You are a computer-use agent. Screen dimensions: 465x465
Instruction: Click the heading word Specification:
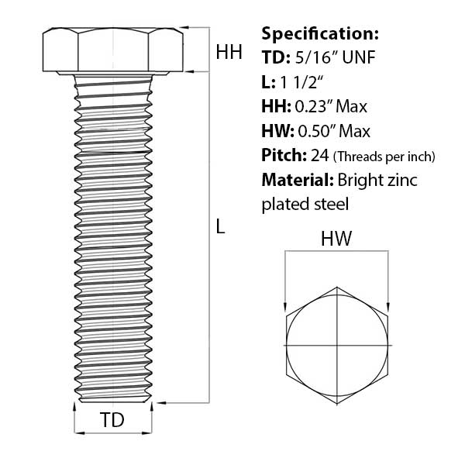tap(320, 34)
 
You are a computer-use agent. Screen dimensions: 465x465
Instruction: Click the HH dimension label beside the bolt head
tap(229, 52)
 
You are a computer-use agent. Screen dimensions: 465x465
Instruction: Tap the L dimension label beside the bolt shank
tap(221, 227)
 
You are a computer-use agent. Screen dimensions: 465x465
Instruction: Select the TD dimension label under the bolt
tap(112, 421)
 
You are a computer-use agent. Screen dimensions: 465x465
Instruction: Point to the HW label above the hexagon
tap(337, 240)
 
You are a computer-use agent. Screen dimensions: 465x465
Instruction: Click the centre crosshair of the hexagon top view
tap(337, 343)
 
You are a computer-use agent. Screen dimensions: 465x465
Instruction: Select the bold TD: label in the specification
tap(275, 57)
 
